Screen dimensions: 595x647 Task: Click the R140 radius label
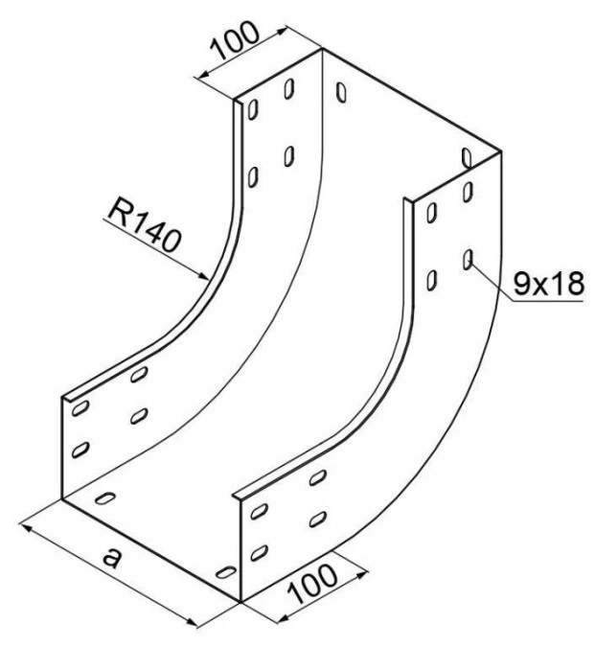(x=144, y=226)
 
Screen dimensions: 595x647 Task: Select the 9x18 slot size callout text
(x=549, y=284)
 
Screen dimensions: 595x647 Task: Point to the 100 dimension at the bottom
(x=312, y=582)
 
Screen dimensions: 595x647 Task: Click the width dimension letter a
(x=112, y=558)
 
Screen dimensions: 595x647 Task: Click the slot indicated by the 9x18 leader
(x=468, y=260)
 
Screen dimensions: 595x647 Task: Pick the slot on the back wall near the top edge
(x=341, y=92)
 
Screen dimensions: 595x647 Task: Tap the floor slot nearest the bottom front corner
(x=226, y=572)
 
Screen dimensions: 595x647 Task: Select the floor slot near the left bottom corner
(x=105, y=498)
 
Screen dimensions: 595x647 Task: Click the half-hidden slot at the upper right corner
(x=467, y=157)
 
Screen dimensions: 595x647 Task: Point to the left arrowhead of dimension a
(x=26, y=526)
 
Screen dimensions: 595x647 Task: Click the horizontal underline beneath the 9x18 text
(x=547, y=301)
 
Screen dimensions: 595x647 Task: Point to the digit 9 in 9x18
(x=521, y=284)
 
